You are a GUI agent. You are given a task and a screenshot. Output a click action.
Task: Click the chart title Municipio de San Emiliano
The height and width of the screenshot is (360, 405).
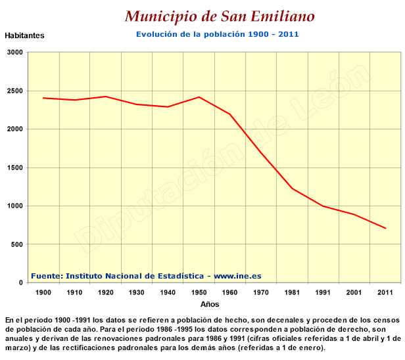coord(220,16)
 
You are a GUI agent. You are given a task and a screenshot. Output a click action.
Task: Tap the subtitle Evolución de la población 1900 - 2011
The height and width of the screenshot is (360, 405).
coord(217,34)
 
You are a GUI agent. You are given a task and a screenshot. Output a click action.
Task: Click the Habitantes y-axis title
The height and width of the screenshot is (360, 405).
coord(24,35)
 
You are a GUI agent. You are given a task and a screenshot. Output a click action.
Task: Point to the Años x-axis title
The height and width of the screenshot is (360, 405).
coord(210,304)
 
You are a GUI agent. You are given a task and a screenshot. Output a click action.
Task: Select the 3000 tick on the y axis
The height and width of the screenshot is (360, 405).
coord(14,52)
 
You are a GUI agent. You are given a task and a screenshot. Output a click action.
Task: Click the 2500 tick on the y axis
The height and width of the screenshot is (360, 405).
coord(14,91)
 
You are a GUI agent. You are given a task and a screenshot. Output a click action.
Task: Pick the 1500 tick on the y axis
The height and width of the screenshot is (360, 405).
coord(14,168)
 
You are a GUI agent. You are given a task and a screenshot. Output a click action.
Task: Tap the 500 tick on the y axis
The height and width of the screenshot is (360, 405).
coord(16,244)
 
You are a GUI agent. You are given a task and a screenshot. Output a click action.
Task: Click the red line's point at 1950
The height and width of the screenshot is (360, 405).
coord(199,97)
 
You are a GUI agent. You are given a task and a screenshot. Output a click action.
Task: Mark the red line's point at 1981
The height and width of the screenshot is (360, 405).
coord(293,189)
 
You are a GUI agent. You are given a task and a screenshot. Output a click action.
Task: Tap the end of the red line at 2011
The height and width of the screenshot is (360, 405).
coord(386,228)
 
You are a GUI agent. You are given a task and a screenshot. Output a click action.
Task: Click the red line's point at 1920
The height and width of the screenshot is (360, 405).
coord(106,97)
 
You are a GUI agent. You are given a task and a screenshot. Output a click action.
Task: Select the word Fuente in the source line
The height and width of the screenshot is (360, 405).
coord(47,276)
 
